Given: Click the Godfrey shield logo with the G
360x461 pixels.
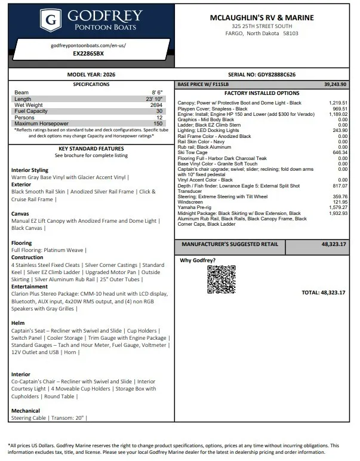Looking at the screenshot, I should coord(52,21).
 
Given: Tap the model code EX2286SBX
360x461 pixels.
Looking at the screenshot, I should coord(88,53).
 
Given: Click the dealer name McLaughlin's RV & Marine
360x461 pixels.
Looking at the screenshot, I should coord(261,18).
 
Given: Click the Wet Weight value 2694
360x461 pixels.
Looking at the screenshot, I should coord(156,105).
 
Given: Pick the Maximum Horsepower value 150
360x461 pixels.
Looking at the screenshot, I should coord(158,123).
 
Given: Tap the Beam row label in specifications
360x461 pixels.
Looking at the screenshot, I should coord(21,93).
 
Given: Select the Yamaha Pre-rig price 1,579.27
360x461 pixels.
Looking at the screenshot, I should coord(337,207).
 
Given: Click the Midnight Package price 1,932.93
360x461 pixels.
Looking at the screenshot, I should coord(337,213).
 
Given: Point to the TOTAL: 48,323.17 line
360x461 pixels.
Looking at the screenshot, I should coord(324,293).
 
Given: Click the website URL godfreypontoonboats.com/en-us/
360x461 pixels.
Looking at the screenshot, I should coord(88,45).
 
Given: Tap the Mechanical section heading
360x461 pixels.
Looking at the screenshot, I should coord(26,411).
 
